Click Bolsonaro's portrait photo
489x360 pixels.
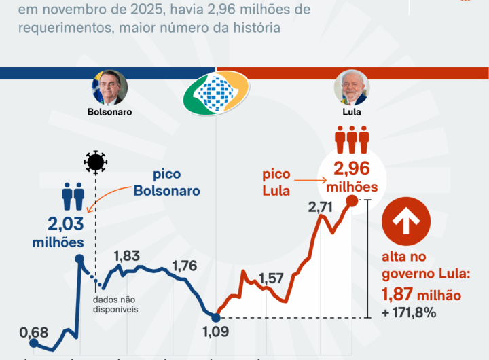point(109,88)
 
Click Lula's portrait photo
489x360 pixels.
point(351,88)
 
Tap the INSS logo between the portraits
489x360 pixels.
point(216,94)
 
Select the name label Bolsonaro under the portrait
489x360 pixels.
point(109,112)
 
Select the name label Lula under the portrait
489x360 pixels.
point(352,112)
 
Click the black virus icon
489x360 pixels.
point(96,161)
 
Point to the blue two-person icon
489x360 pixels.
point(72,196)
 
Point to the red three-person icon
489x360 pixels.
point(352,141)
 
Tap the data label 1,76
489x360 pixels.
point(185,266)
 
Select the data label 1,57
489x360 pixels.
point(271,278)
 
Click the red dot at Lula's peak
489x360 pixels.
point(352,200)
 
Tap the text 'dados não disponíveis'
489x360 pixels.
point(115,304)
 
